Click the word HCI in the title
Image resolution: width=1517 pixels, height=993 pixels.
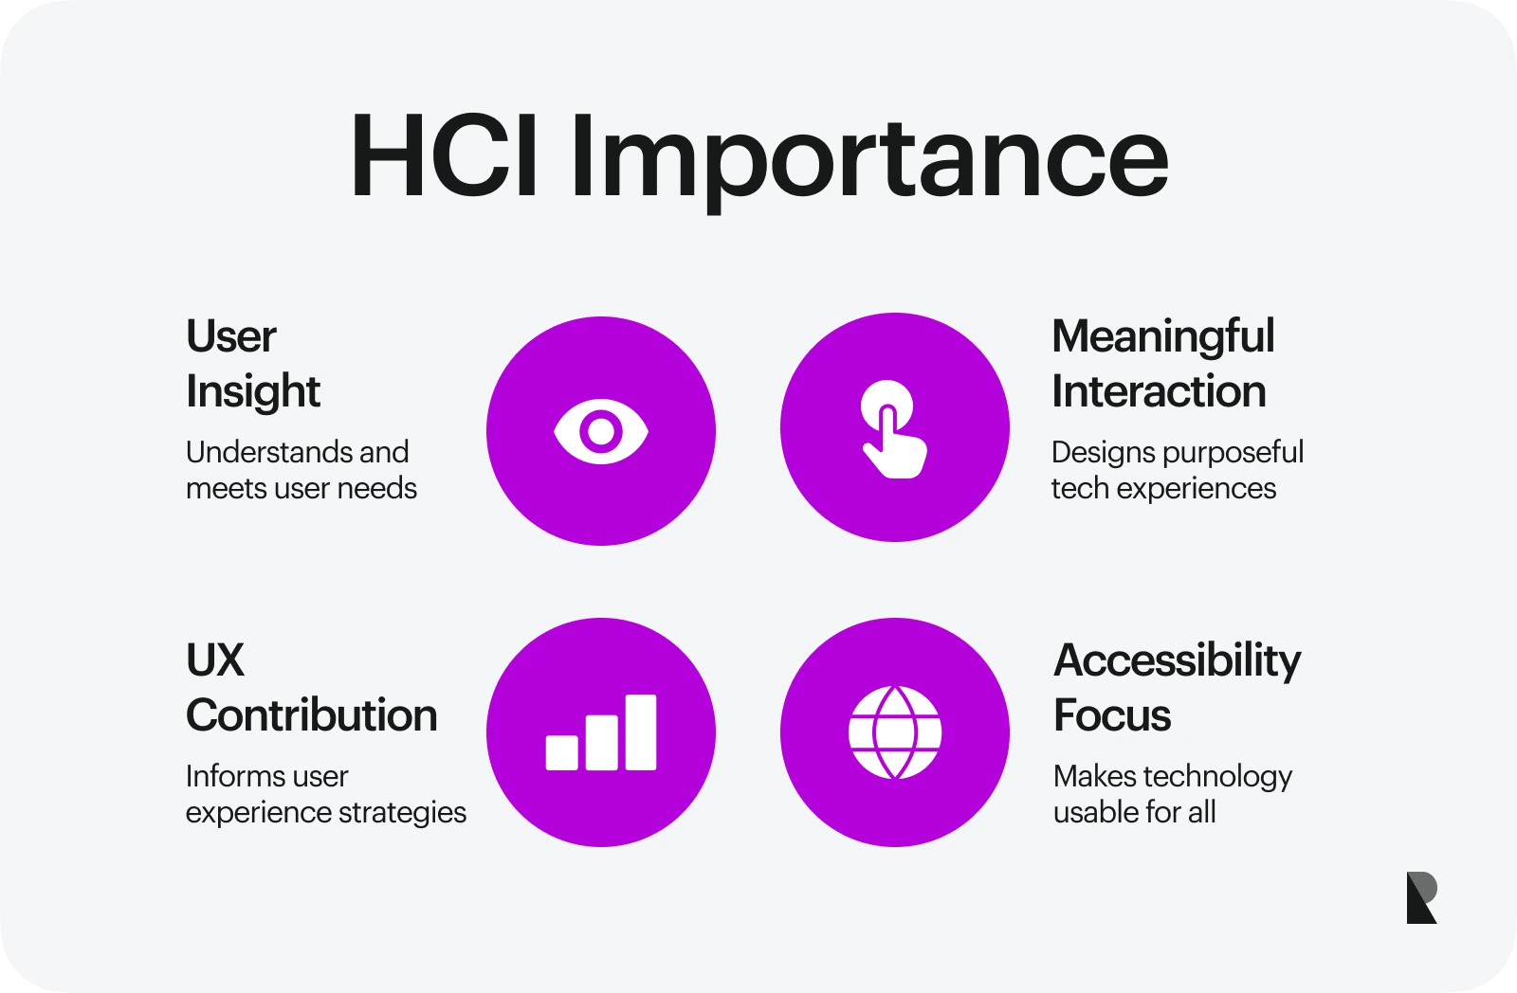445,156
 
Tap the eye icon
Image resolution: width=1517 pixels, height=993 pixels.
601,431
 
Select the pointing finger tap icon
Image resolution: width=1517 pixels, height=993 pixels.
893,429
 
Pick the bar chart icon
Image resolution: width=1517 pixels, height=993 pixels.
601,732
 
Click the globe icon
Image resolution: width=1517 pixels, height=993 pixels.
895,732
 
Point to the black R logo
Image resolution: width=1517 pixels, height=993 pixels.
1421,897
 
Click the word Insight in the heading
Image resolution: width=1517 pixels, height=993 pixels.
253,392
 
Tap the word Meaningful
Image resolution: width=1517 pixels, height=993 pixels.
1163,337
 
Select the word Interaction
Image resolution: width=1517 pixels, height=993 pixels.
1159,391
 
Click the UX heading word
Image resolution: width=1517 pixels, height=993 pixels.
215,660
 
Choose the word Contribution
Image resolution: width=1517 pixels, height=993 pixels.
312,715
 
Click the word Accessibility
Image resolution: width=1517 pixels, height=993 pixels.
1178,661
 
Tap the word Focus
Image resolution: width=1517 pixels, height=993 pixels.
1112,715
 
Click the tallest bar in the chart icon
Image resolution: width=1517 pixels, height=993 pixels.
641,731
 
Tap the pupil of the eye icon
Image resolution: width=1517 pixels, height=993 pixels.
601,431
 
